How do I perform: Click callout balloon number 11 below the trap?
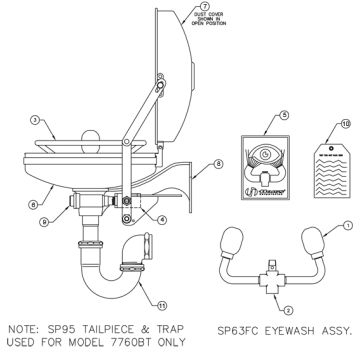(151, 301)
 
